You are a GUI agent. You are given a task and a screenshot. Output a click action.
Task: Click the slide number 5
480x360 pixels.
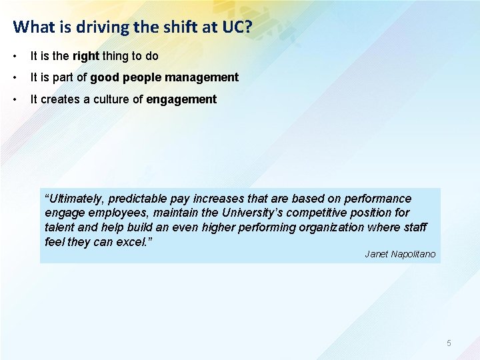[x=449, y=343]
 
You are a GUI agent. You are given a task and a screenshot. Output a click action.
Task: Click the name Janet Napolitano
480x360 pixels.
[x=400, y=253]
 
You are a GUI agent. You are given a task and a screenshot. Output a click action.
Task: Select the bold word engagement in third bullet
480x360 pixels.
[x=181, y=99]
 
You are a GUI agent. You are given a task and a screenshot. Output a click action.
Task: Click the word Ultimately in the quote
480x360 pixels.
[x=76, y=199]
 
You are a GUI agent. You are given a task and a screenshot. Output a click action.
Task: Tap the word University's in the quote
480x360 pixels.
[x=233, y=213]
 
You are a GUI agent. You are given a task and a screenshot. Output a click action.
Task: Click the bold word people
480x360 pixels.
[x=142, y=77]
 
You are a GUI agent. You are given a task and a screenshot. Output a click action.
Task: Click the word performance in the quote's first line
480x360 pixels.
[x=379, y=199]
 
